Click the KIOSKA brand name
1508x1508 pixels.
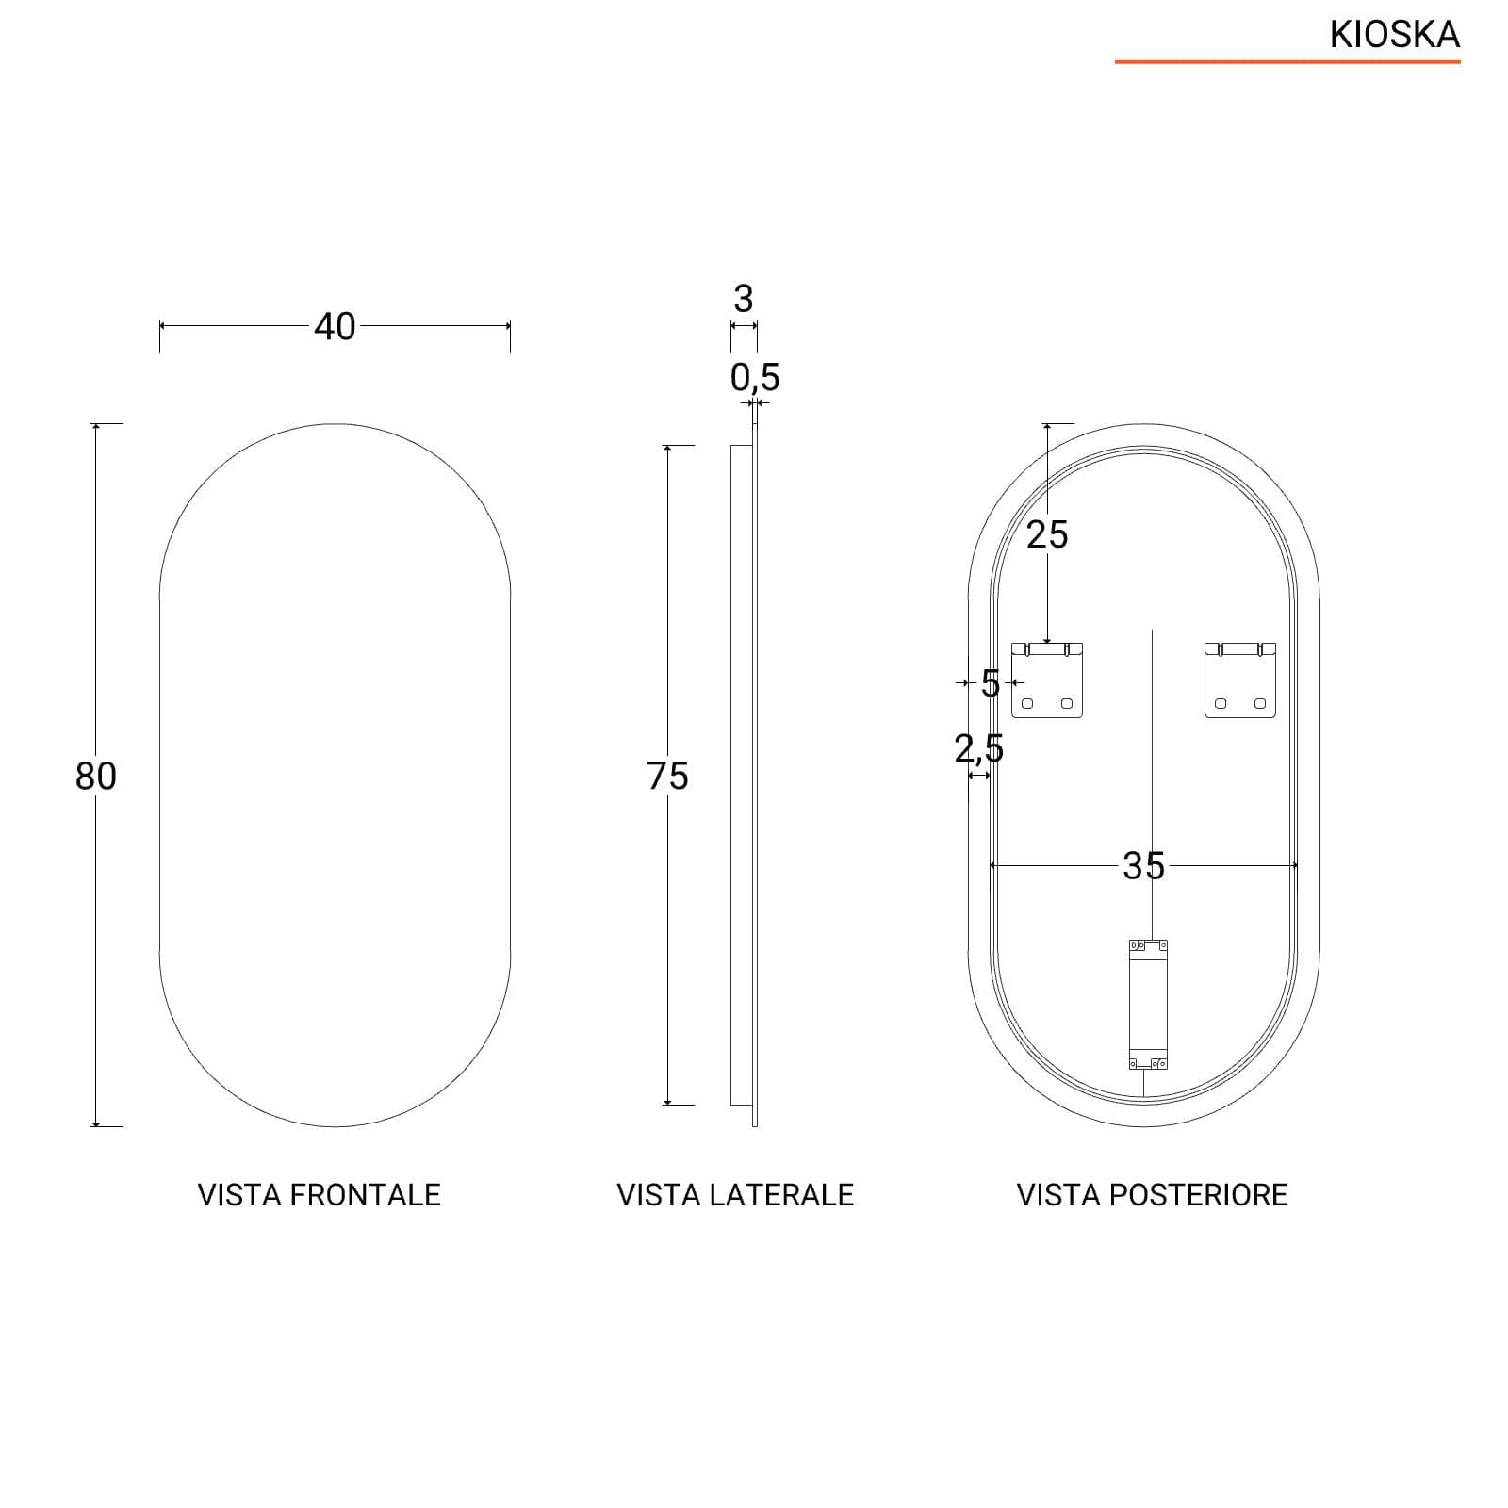1395,35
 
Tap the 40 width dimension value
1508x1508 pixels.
335,326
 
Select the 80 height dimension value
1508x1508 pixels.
95,776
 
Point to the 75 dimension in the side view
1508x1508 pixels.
668,776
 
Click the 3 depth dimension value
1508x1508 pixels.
744,299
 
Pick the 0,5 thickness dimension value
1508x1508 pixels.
755,377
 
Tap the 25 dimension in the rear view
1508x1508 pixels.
1047,534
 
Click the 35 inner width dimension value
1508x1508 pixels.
1143,865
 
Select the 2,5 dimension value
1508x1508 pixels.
978,748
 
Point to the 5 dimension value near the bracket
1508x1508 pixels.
990,683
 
